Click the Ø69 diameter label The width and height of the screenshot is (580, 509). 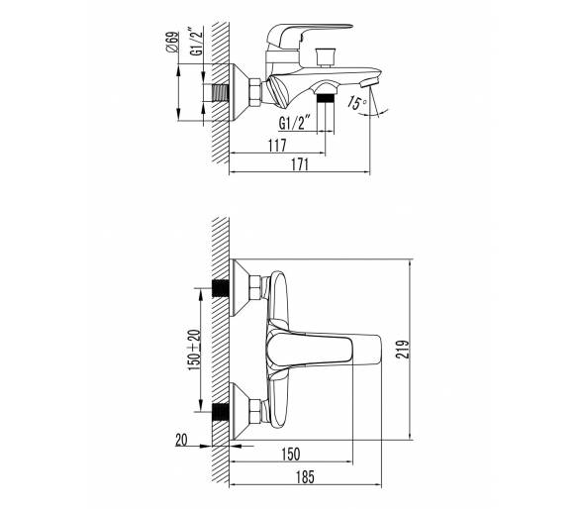tap(172, 42)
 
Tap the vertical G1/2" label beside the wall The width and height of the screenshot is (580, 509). tap(197, 41)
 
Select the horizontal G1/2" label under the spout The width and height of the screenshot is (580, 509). tap(294, 123)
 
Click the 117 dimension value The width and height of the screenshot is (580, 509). tap(277, 146)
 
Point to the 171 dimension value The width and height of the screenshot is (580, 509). tap(300, 164)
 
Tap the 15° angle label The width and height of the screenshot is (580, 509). tap(357, 103)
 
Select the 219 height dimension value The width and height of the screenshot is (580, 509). tap(403, 350)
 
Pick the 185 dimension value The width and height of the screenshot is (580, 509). tap(305, 476)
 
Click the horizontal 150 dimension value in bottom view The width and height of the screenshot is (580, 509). tap(291, 455)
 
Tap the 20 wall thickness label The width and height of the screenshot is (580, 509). tap(181, 440)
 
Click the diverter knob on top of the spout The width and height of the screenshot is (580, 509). tap(326, 56)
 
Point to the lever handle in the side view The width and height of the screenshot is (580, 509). tap(309, 35)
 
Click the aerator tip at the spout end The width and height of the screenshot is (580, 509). tap(370, 80)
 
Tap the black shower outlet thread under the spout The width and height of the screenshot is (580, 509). tap(326, 98)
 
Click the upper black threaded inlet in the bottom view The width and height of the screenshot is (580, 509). tap(221, 288)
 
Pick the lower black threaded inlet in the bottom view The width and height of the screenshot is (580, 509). tap(221, 412)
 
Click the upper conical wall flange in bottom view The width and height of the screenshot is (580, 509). tap(241, 288)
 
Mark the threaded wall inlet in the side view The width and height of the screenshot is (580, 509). tap(221, 92)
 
